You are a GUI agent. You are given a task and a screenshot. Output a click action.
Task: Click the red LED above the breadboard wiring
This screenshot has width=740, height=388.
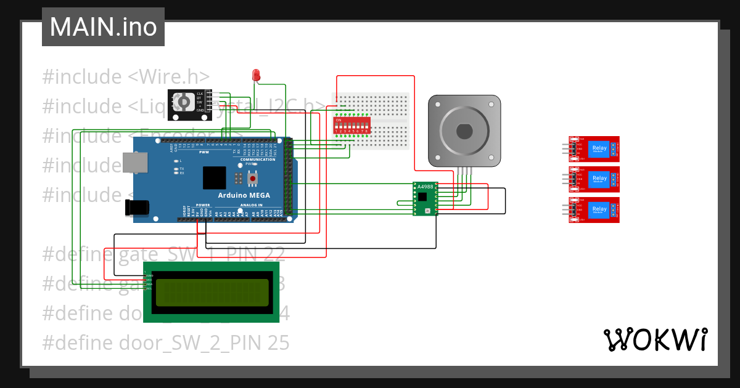[256, 75]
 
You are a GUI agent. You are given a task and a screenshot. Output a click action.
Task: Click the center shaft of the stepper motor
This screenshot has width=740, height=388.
[464, 132]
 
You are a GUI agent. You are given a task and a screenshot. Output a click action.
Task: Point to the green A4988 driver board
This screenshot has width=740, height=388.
[424, 198]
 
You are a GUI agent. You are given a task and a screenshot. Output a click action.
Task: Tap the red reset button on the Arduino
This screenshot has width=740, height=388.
[252, 179]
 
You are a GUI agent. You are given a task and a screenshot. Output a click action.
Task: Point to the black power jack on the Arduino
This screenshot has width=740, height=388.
[138, 208]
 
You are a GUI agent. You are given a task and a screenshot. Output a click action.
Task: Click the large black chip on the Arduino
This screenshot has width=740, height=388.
[214, 177]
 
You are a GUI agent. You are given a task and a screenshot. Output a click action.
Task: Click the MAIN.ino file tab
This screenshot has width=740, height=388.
[103, 27]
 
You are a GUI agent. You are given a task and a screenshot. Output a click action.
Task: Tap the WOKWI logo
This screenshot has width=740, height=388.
[655, 340]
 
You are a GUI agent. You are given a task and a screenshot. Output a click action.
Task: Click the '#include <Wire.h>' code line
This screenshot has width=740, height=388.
[126, 77]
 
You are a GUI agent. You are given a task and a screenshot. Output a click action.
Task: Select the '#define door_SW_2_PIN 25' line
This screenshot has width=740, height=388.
[165, 342]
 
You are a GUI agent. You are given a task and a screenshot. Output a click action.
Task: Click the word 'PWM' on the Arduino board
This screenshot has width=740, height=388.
[204, 152]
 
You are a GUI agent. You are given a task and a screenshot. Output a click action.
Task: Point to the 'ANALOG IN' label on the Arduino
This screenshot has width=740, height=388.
[251, 205]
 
